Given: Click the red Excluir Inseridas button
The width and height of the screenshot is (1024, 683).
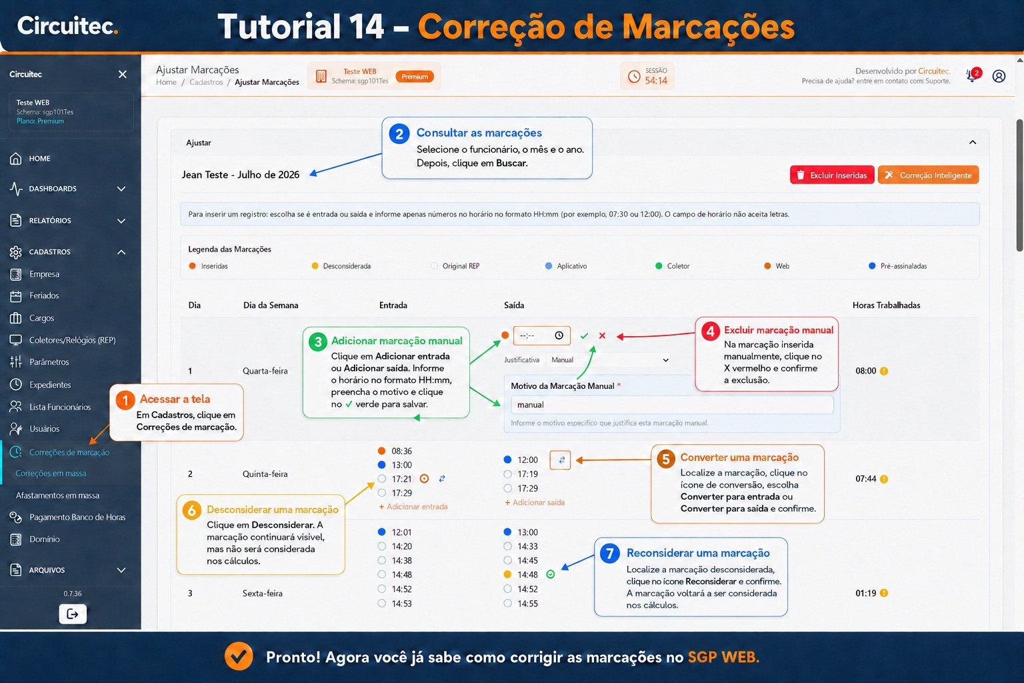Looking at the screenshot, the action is tap(832, 175).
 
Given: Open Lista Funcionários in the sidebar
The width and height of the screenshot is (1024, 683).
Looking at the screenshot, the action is tap(60, 407).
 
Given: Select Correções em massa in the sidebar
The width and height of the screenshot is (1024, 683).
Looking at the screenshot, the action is tap(51, 473).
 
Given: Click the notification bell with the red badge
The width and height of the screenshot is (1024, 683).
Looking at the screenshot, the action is tap(973, 75).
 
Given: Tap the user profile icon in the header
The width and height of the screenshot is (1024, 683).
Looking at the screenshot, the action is tap(999, 76).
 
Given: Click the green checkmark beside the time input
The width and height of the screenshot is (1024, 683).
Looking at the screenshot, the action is tap(584, 335).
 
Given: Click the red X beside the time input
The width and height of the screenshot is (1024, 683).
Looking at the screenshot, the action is tap(602, 335).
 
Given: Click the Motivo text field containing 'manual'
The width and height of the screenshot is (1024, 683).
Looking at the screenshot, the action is tap(671, 405).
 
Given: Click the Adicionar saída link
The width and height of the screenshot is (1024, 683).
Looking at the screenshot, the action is tap(535, 502).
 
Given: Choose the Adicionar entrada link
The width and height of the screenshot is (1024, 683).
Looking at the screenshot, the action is tap(413, 506).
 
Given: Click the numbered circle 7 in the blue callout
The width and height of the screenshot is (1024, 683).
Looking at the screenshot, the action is tap(609, 554).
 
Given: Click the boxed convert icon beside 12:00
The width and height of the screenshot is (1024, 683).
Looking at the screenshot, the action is tap(560, 460).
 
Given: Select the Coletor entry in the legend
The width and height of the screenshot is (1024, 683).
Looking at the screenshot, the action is tap(672, 265).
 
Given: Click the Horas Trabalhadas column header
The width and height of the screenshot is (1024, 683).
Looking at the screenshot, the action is tap(886, 305).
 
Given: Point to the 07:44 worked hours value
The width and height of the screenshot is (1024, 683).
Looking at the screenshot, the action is tap(866, 479).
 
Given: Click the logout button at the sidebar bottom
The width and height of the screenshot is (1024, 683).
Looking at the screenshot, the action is tap(73, 614).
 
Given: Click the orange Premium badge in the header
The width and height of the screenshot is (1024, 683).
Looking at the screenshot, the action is tap(415, 77).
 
